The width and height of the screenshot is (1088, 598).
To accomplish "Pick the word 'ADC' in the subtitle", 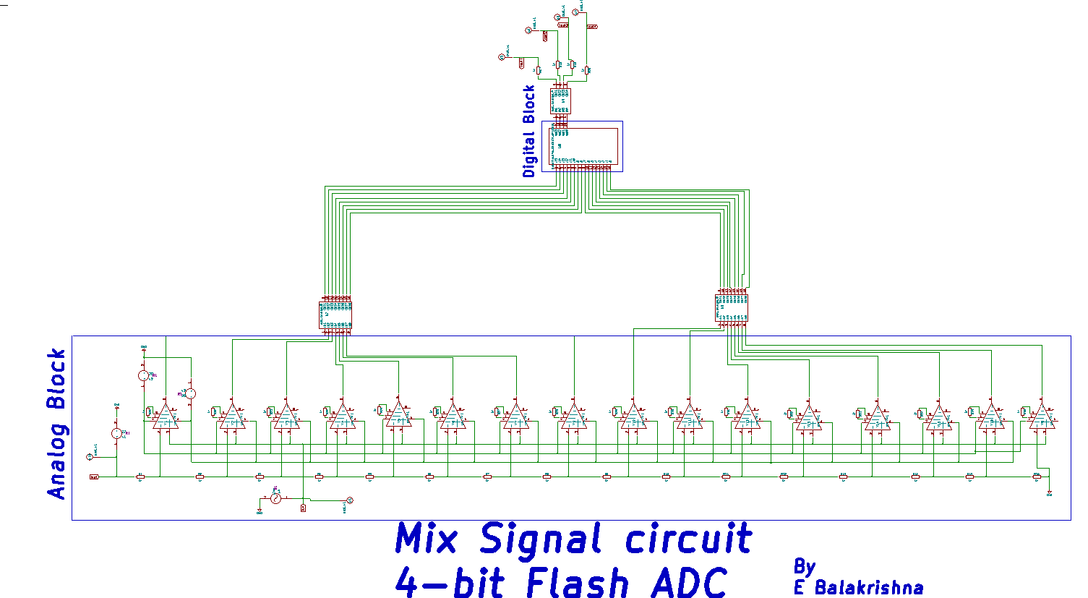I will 688,583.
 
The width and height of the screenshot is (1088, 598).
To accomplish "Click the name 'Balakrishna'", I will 869,587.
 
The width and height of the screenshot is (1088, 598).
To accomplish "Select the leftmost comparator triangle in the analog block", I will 166,417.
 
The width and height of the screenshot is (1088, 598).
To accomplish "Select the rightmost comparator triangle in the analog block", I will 1042,417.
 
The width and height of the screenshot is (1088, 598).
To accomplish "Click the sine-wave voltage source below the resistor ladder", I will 275,499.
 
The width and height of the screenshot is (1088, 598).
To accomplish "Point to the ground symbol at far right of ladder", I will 1049,494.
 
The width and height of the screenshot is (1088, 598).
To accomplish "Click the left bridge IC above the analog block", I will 335,315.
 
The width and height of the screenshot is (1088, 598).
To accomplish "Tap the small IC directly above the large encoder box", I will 560,101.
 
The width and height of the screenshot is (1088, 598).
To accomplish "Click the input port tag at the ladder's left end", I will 94,477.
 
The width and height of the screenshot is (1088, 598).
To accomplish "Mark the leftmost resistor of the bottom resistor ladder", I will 141,477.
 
